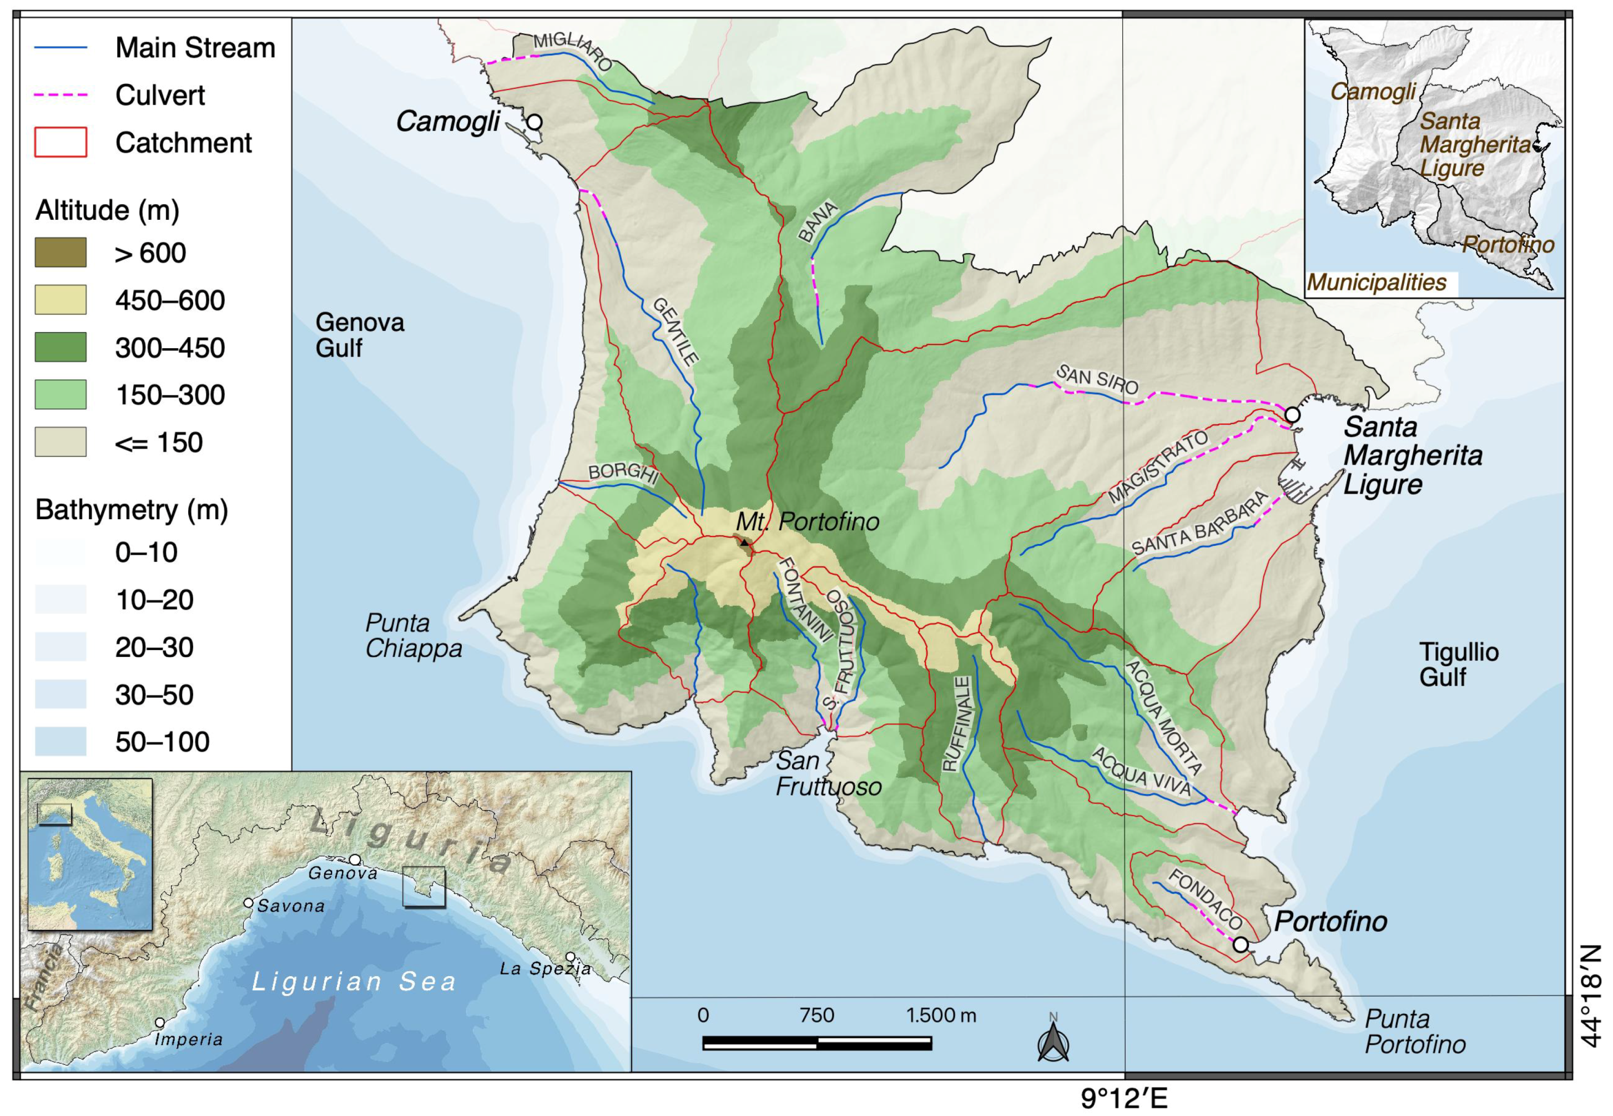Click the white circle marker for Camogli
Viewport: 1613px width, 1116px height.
(x=534, y=122)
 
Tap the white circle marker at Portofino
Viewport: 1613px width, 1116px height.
(x=1241, y=944)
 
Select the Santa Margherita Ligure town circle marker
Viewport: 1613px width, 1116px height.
(x=1292, y=415)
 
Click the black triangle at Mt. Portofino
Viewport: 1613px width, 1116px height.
(x=745, y=542)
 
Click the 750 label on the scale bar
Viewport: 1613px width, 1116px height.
(x=816, y=1016)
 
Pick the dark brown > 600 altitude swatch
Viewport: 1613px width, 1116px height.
(x=61, y=253)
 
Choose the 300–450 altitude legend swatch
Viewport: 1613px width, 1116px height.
(x=61, y=348)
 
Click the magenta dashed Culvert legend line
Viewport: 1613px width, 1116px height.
(x=61, y=95)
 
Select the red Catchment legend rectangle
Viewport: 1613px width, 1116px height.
(x=61, y=143)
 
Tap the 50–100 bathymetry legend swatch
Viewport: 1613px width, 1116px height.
(x=61, y=741)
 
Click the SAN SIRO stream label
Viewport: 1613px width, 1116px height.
(x=1097, y=380)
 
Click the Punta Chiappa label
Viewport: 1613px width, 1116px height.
(x=413, y=636)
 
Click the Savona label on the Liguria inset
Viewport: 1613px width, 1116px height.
(x=291, y=906)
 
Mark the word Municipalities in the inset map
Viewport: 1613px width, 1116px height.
(x=1376, y=283)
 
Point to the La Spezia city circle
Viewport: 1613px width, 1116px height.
(x=570, y=957)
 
